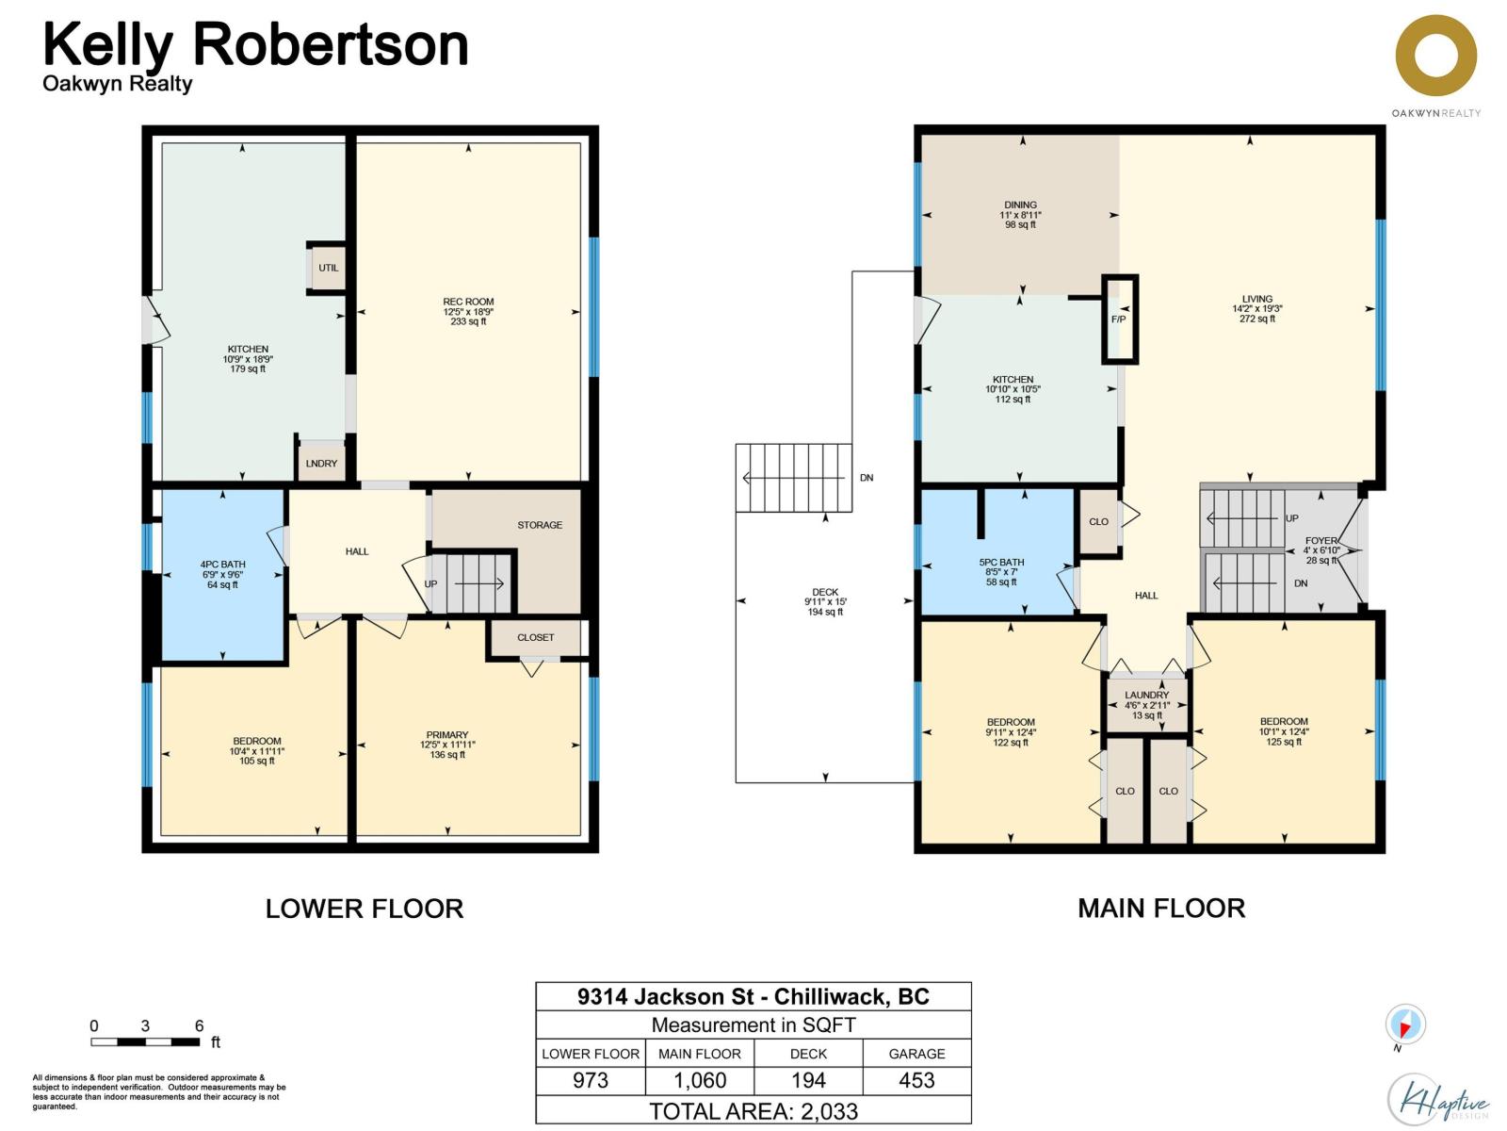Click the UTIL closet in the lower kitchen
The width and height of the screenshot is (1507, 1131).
click(328, 268)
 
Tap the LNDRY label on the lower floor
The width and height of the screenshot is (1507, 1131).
click(321, 463)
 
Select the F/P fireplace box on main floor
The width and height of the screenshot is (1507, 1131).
click(1119, 320)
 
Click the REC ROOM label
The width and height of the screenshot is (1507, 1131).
click(468, 302)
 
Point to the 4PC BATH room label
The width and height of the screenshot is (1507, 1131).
click(222, 565)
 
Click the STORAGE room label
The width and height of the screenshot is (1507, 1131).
click(539, 525)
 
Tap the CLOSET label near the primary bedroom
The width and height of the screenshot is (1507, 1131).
click(535, 637)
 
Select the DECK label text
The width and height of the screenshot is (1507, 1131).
click(825, 592)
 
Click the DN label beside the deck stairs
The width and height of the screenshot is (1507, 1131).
click(867, 478)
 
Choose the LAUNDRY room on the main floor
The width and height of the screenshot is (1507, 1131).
click(1146, 705)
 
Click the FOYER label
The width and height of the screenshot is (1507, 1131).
click(1321, 541)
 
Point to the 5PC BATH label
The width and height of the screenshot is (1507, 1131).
click(1001, 562)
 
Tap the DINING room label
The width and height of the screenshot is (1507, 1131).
click(1020, 205)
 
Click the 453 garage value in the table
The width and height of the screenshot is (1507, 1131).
click(916, 1080)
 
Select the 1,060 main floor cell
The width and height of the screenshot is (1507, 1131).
click(700, 1080)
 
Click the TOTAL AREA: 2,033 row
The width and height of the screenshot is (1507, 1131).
click(753, 1110)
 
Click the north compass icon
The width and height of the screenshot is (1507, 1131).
click(1404, 1024)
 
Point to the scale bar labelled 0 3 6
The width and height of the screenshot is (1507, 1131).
click(145, 1041)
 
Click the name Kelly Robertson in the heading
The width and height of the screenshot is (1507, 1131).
click(255, 44)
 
